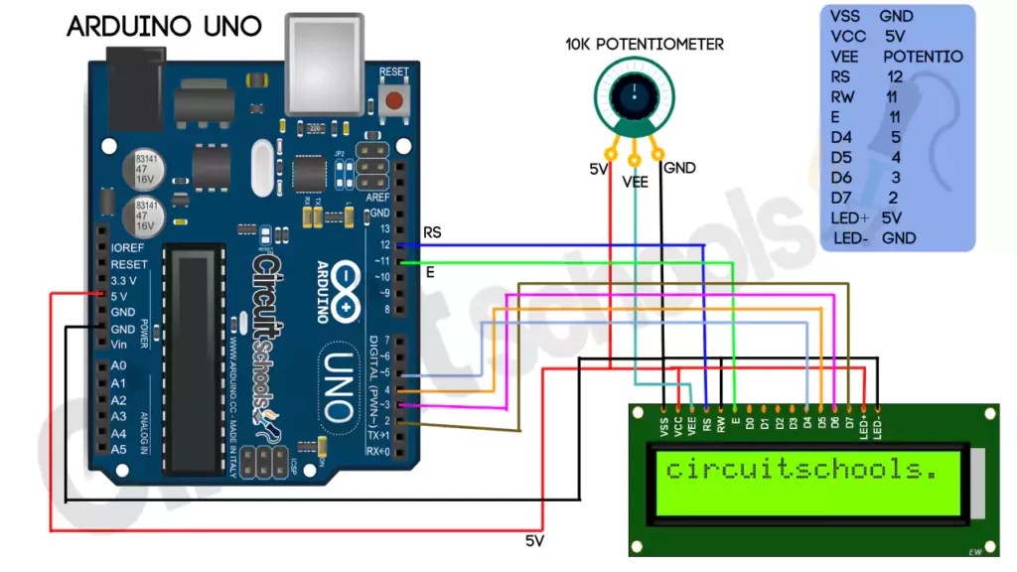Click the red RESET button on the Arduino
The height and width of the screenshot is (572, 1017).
pyautogui.click(x=395, y=99)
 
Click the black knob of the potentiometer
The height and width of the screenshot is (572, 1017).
pyautogui.click(x=630, y=95)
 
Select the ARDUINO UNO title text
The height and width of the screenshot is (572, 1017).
pyautogui.click(x=165, y=27)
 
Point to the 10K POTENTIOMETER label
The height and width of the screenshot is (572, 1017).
pyautogui.click(x=645, y=44)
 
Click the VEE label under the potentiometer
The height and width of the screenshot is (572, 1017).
pyautogui.click(x=635, y=183)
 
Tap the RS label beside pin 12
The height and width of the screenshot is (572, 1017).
pyautogui.click(x=432, y=232)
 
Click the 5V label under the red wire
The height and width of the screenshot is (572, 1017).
pyautogui.click(x=536, y=541)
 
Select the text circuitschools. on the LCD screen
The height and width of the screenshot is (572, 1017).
pyautogui.click(x=801, y=469)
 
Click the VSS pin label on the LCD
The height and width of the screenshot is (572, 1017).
pyautogui.click(x=663, y=426)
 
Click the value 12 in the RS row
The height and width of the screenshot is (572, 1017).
pyautogui.click(x=895, y=76)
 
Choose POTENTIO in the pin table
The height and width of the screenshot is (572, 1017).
pyautogui.click(x=923, y=57)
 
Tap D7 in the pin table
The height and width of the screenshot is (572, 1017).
pyautogui.click(x=841, y=198)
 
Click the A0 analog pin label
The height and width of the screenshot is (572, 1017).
pyautogui.click(x=119, y=366)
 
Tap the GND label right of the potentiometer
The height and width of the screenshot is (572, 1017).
pyautogui.click(x=680, y=168)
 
